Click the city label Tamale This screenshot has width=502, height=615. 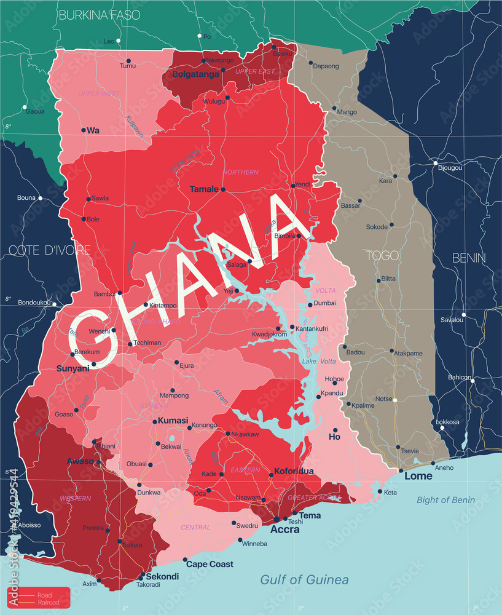tap(204, 189)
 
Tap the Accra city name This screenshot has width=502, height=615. tap(286, 530)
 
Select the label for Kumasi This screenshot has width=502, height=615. tap(173, 421)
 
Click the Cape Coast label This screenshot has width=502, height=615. tap(210, 564)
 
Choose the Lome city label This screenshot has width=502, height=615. tap(418, 476)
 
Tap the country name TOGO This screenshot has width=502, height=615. tap(382, 255)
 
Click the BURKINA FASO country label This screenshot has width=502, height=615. tap(99, 15)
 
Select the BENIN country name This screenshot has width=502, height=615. tap(469, 258)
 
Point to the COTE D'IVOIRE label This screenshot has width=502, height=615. tap(49, 250)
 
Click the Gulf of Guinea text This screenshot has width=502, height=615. tap(304, 579)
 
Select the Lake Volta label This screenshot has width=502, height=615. tap(319, 362)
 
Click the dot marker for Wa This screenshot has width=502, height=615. tap(84, 130)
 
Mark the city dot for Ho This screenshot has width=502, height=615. tap(335, 430)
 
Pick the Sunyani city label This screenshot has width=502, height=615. tap(73, 368)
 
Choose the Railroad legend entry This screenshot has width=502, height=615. tap(50, 603)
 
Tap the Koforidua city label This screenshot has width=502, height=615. tap(294, 471)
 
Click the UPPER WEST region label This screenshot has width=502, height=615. tap(98, 93)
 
